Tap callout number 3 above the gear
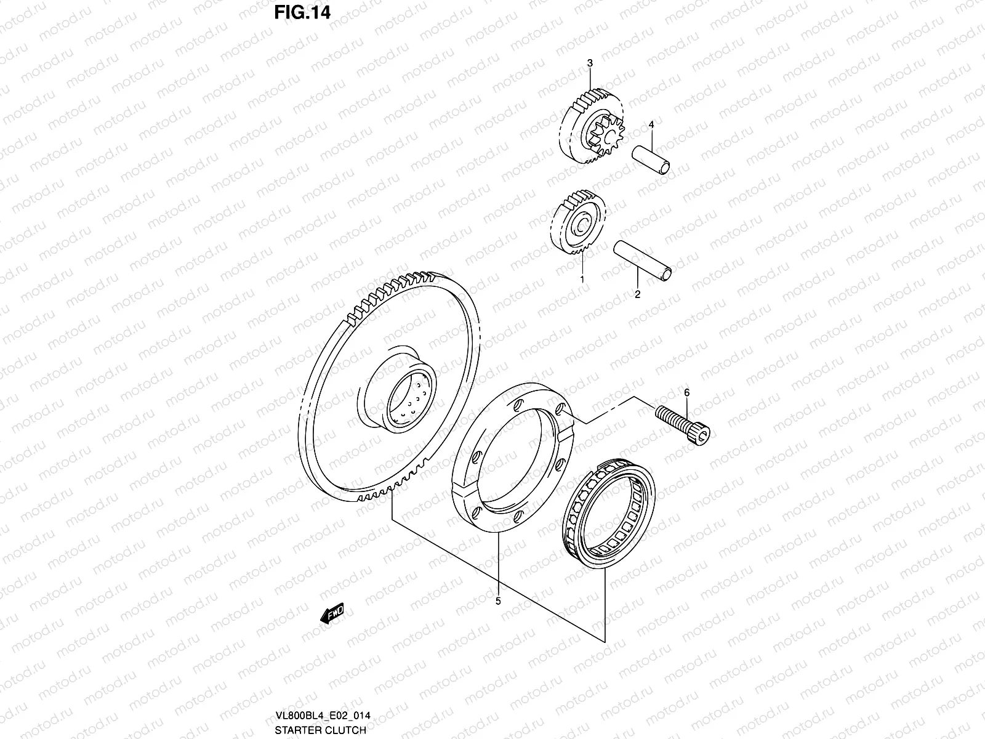(x=590, y=63)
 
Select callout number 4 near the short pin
(x=650, y=125)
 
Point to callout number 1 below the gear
(x=582, y=279)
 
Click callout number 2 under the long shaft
(x=637, y=294)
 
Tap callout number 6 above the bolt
(x=686, y=392)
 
